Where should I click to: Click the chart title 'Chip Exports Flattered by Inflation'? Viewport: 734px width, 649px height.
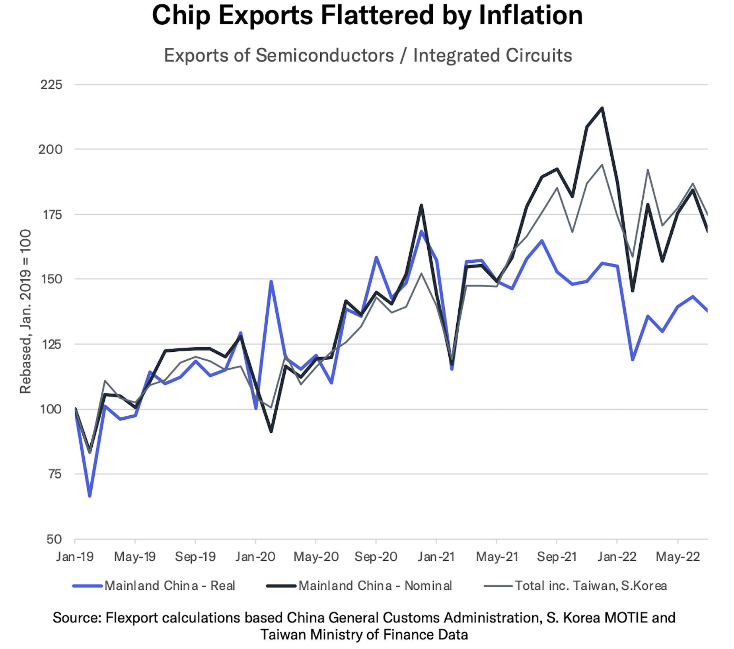(367, 16)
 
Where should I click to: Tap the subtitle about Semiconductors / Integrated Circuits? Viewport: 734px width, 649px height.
(368, 55)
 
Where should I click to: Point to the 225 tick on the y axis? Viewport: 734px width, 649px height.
(51, 85)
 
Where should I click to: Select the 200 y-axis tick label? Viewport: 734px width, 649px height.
(51, 149)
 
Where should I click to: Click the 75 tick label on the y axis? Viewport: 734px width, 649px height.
(55, 474)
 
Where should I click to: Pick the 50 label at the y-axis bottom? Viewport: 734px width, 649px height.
(54, 539)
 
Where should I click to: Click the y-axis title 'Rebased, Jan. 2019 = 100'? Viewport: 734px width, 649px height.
(25, 312)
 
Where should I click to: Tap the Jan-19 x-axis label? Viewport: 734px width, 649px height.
(75, 556)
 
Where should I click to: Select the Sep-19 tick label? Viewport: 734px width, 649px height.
(195, 556)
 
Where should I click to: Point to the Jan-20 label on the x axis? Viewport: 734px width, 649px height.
(255, 556)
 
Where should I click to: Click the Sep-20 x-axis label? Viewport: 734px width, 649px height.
(376, 556)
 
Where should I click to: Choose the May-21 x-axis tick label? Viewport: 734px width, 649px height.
(496, 556)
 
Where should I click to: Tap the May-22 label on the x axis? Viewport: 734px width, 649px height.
(677, 556)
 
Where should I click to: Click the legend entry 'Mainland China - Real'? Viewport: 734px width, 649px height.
(169, 586)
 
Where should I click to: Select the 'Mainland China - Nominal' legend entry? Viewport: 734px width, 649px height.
(375, 586)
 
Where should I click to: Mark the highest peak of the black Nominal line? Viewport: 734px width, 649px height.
(602, 108)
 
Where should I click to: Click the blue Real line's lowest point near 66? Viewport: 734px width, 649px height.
(90, 496)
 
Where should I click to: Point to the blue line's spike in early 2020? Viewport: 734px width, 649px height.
(271, 282)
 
